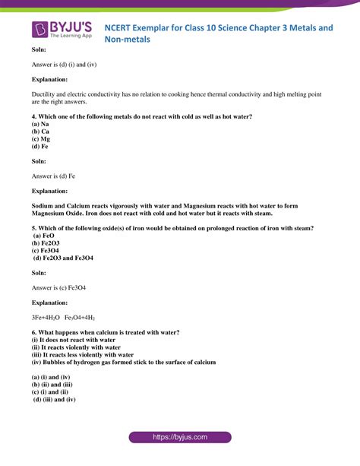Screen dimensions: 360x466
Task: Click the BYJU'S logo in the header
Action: (62, 30)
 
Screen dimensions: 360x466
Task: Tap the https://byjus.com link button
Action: (179, 439)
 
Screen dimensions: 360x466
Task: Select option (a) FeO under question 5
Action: (43, 236)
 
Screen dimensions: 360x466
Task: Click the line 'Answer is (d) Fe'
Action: (53, 176)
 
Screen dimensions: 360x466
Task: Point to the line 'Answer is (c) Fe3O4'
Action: (58, 288)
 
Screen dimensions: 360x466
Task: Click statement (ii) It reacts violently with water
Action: (83, 347)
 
